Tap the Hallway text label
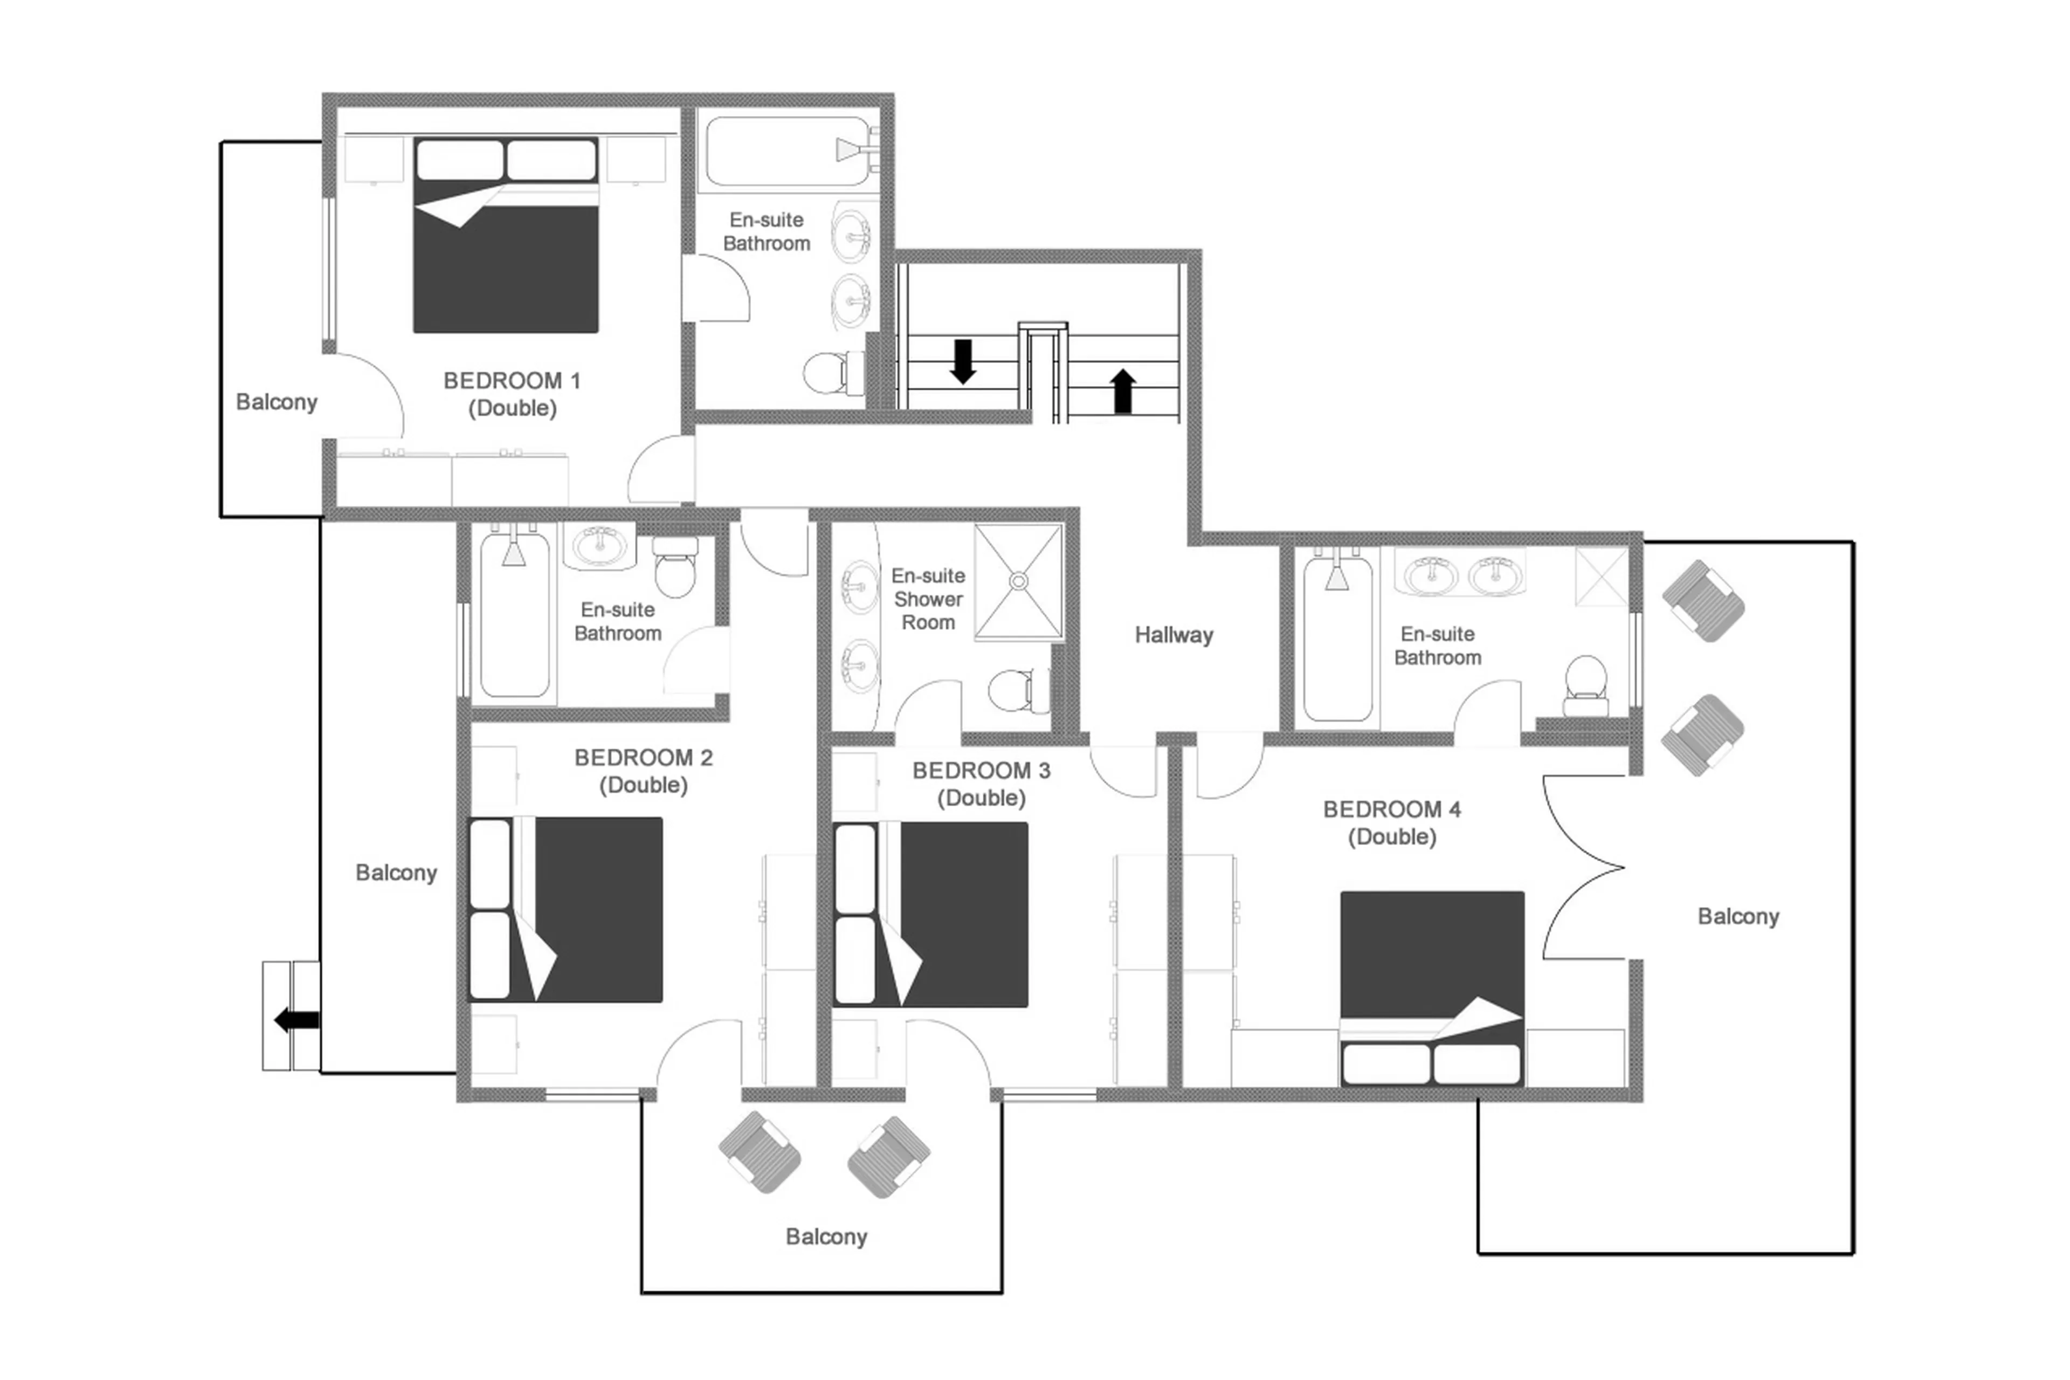tap(1172, 635)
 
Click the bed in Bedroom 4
tap(1431, 986)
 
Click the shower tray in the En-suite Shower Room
tap(1018, 581)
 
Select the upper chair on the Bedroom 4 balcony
tap(1702, 601)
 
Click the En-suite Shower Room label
tap(927, 599)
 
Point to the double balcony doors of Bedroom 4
tap(1584, 867)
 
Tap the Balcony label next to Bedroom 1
tap(276, 402)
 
